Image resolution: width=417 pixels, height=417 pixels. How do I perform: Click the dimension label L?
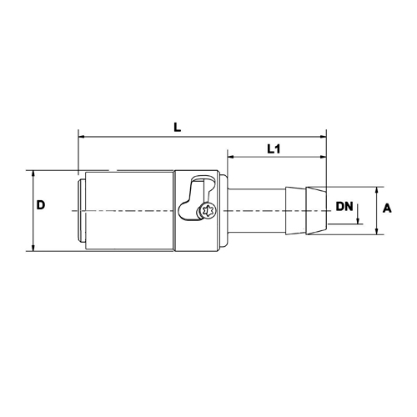pos(177,126)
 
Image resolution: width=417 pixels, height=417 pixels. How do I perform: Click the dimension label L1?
pos(273,149)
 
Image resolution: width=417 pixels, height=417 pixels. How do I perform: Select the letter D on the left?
pos(41,205)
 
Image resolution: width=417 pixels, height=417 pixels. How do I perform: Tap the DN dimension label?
pos(344,206)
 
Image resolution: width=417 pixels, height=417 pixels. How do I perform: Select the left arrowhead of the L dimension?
pos(81,133)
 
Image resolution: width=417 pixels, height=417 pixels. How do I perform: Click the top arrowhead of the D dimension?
pos(32,174)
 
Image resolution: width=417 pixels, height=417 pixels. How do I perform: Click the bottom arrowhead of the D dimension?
pos(32,248)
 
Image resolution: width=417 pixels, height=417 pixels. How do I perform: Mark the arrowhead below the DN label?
pos(358,221)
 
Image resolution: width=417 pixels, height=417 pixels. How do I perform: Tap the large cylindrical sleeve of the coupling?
pos(129,210)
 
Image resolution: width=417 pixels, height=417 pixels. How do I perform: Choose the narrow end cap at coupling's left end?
pos(80,210)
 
